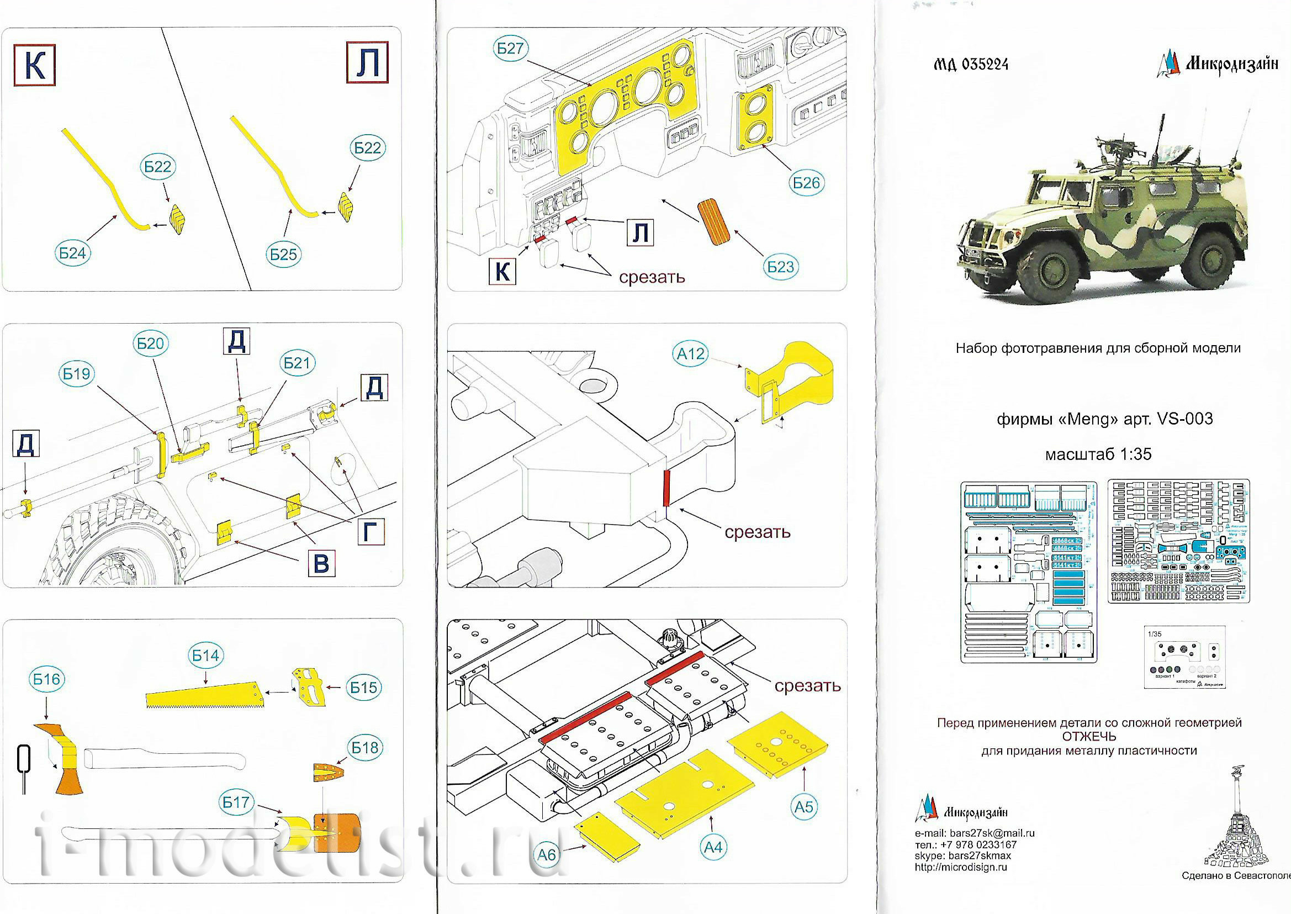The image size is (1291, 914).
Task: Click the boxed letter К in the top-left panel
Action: (34, 66)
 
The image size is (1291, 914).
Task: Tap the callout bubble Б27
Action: (510, 49)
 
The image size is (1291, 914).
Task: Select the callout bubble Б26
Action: (806, 183)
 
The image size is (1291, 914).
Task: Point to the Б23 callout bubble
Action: (780, 267)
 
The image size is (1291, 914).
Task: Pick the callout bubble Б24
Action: (72, 253)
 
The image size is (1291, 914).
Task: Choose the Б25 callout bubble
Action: (283, 255)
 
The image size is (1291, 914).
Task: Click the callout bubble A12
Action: (691, 354)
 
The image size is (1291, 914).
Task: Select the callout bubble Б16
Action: (46, 679)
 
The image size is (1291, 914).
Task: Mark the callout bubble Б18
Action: (364, 747)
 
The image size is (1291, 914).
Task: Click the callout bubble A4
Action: (713, 847)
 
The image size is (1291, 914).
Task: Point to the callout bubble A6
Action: (547, 855)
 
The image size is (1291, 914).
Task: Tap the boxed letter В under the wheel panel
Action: (321, 563)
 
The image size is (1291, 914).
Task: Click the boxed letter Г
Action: (371, 531)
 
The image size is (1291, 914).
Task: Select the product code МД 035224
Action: (971, 65)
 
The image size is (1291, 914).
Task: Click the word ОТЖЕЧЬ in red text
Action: (1089, 737)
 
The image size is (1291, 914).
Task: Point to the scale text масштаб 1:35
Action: (1098, 455)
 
